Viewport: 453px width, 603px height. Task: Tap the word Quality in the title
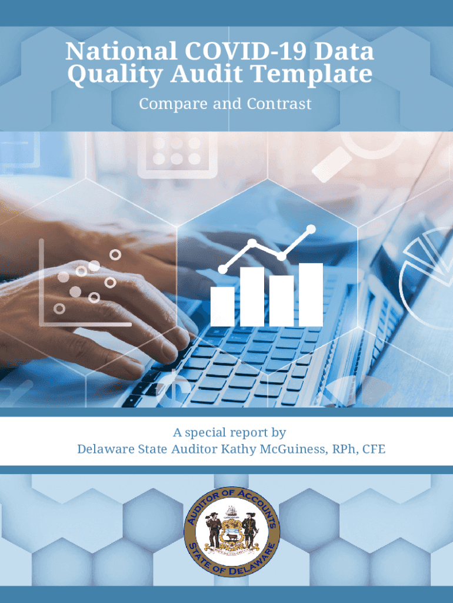pos(115,75)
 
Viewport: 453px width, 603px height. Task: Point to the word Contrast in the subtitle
pos(279,104)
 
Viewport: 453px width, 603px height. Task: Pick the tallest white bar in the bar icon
pos(311,294)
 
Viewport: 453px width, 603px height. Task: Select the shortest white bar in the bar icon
pos(222,306)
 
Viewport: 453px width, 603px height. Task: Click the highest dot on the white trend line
pos(311,230)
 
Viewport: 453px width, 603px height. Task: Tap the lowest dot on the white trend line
pos(222,269)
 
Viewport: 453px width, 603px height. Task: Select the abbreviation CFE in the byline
pos(374,449)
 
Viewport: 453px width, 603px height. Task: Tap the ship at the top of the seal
pos(231,512)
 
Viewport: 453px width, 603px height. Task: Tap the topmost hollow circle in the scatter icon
pos(115,254)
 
